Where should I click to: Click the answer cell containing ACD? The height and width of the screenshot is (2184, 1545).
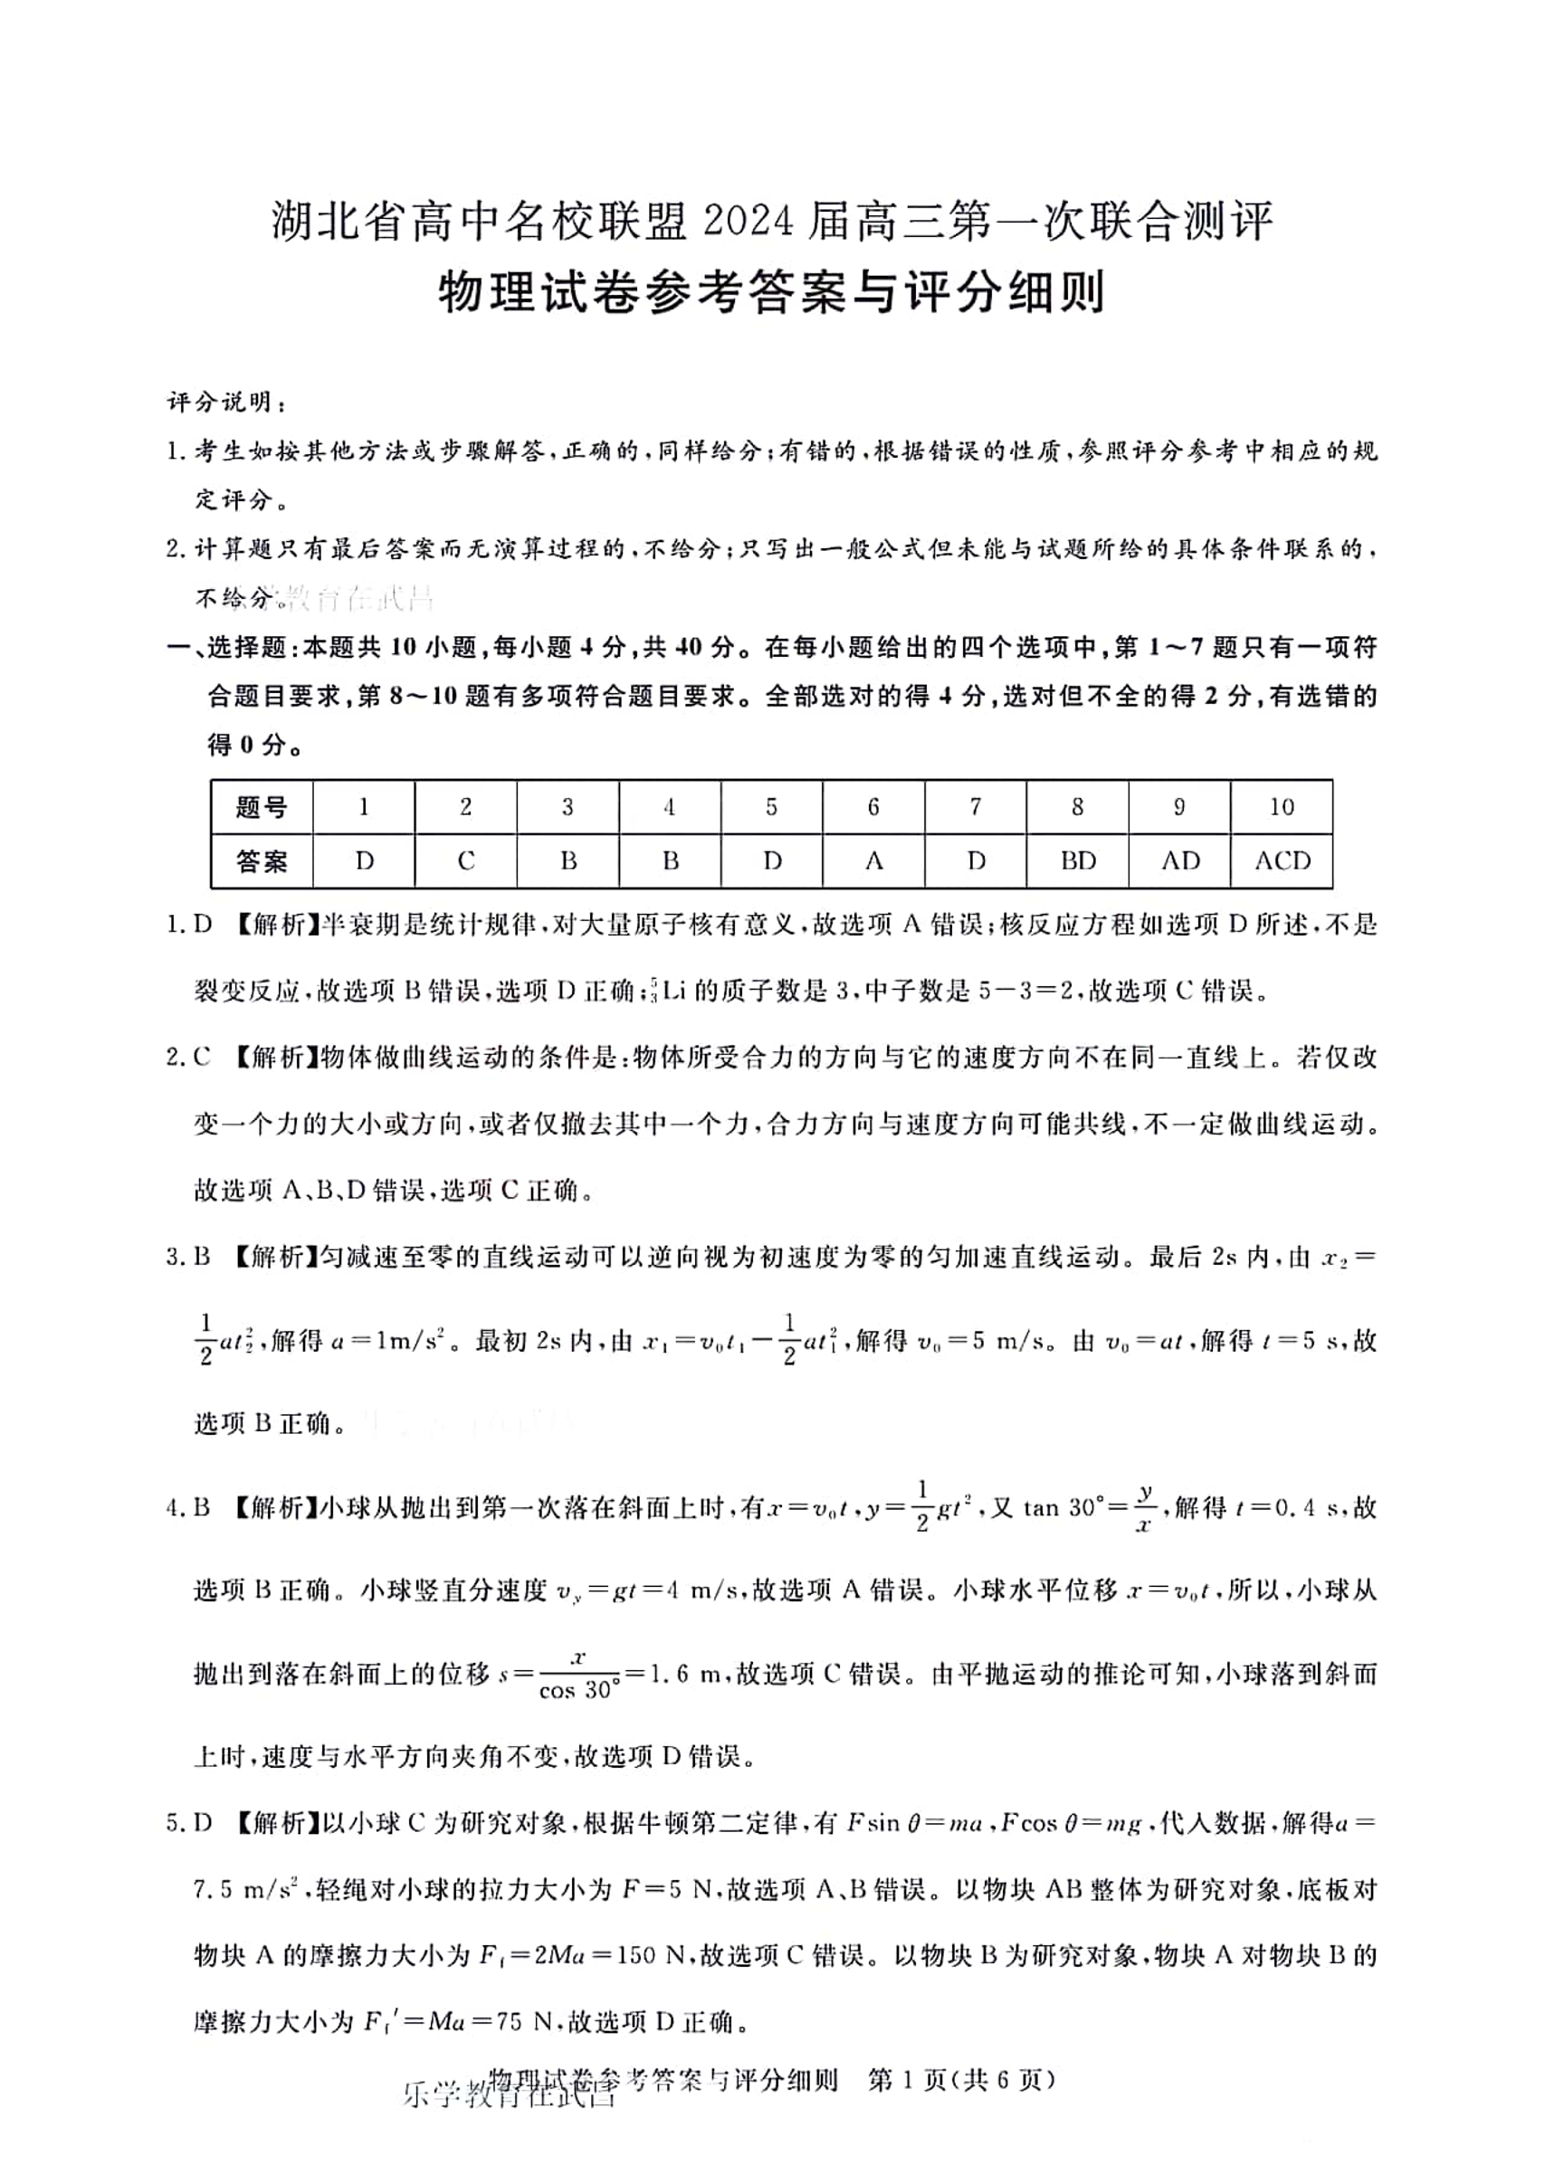click(1282, 861)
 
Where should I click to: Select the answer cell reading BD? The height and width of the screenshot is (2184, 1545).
click(1078, 861)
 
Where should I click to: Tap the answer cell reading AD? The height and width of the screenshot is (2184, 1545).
click(1179, 861)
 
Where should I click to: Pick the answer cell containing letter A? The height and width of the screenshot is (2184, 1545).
click(873, 861)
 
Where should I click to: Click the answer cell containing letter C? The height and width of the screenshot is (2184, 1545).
click(466, 861)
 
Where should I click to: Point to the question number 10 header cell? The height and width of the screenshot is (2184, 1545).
click(1282, 807)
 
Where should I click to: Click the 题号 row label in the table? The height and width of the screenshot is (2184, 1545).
click(262, 808)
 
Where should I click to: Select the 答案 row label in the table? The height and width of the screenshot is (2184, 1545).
click(262, 862)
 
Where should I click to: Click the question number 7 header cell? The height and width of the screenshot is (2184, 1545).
click(975, 807)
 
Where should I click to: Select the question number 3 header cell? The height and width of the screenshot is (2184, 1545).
click(568, 807)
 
